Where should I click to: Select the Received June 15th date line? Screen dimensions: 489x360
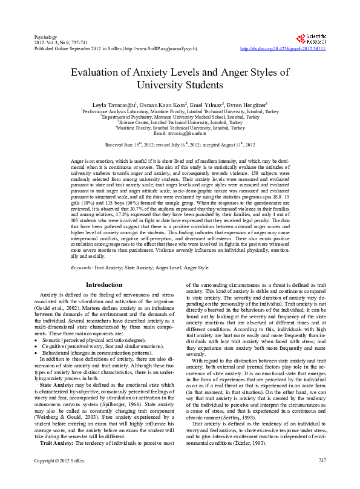(x=180, y=145)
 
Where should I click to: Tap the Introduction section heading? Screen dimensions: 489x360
(x=103, y=284)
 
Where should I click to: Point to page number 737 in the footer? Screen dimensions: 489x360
(x=321, y=478)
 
